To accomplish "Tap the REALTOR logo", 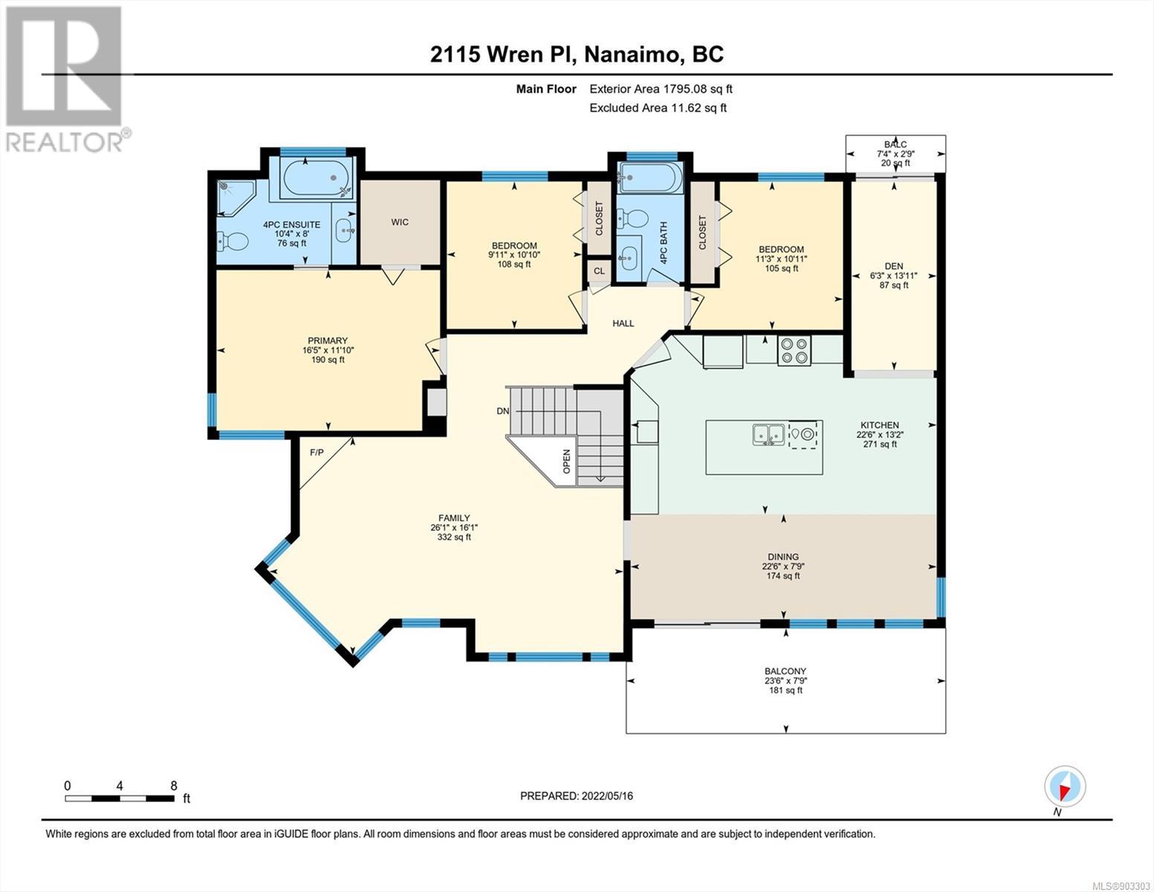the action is coord(66,79).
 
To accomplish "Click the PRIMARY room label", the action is coord(328,340).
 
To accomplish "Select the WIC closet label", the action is coord(400,222).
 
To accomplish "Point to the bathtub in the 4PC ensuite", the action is coord(317,178).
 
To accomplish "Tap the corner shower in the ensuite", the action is coord(236,198).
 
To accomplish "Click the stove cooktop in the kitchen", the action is coord(794,351).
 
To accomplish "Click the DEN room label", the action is coord(894,266).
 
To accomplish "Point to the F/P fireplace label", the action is coord(317,453).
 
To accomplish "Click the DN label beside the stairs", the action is coord(502,410).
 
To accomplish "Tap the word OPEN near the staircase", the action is coord(567,461).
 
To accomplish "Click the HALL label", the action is coord(623,323).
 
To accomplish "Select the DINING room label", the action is coord(782,557).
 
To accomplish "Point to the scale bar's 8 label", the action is coord(174,786).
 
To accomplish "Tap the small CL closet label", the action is coord(599,271).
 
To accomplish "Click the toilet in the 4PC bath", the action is coord(632,218).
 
